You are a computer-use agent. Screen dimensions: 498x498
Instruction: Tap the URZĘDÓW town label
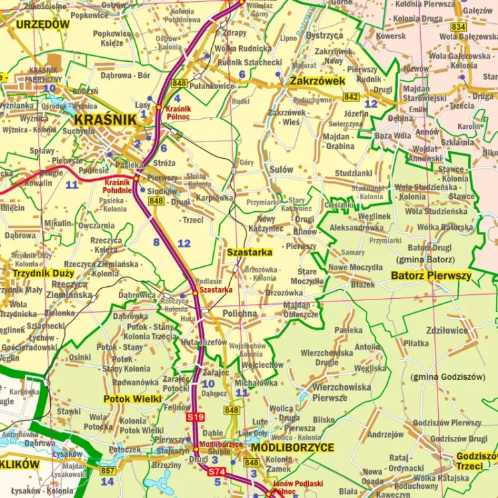(x=42, y=25)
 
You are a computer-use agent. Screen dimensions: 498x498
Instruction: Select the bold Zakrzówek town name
(x=318, y=81)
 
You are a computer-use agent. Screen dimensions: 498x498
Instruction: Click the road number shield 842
(x=351, y=97)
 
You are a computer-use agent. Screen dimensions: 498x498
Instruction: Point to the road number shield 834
(x=458, y=27)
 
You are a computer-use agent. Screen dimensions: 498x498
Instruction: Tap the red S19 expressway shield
(x=195, y=416)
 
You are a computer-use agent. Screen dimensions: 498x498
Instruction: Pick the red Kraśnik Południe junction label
(x=118, y=187)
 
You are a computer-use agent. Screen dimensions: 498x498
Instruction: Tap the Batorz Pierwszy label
(x=431, y=275)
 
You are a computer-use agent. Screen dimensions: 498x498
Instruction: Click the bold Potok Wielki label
(x=133, y=399)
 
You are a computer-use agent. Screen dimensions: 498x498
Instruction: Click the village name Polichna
(x=240, y=313)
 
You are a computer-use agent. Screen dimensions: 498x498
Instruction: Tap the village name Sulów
(x=281, y=169)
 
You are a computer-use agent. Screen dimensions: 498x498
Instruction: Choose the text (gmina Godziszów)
(x=448, y=376)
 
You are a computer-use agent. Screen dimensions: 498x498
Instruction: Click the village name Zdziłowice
(x=447, y=330)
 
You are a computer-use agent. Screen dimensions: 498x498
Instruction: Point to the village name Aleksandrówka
(x=357, y=227)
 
